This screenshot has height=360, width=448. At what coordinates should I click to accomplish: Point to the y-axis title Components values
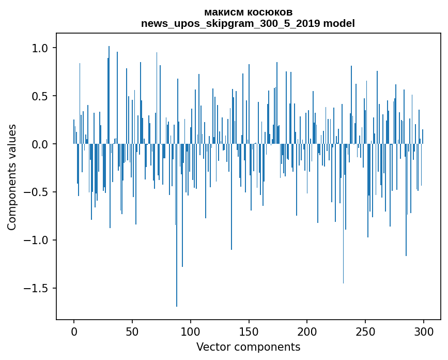(x=12, y=177)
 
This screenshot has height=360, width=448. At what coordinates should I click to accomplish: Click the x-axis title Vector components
(x=248, y=347)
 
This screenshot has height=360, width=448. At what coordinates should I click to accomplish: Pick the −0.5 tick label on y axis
(x=35, y=192)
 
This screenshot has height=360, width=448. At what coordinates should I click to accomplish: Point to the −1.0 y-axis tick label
(x=35, y=241)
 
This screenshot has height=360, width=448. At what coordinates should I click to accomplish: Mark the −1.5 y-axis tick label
(x=35, y=289)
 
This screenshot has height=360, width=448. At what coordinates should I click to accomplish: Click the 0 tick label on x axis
(x=74, y=331)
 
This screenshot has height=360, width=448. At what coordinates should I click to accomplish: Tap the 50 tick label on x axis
(x=132, y=331)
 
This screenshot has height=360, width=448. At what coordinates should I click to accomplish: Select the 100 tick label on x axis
(x=191, y=331)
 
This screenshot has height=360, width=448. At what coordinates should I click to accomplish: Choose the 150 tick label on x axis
(x=249, y=331)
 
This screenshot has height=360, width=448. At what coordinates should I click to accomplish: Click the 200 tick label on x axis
(x=307, y=331)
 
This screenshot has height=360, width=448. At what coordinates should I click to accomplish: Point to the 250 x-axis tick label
(x=366, y=331)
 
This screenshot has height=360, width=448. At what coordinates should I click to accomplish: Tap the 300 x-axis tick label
(x=424, y=331)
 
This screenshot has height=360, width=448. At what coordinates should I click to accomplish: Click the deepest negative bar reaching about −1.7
(x=177, y=259)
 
